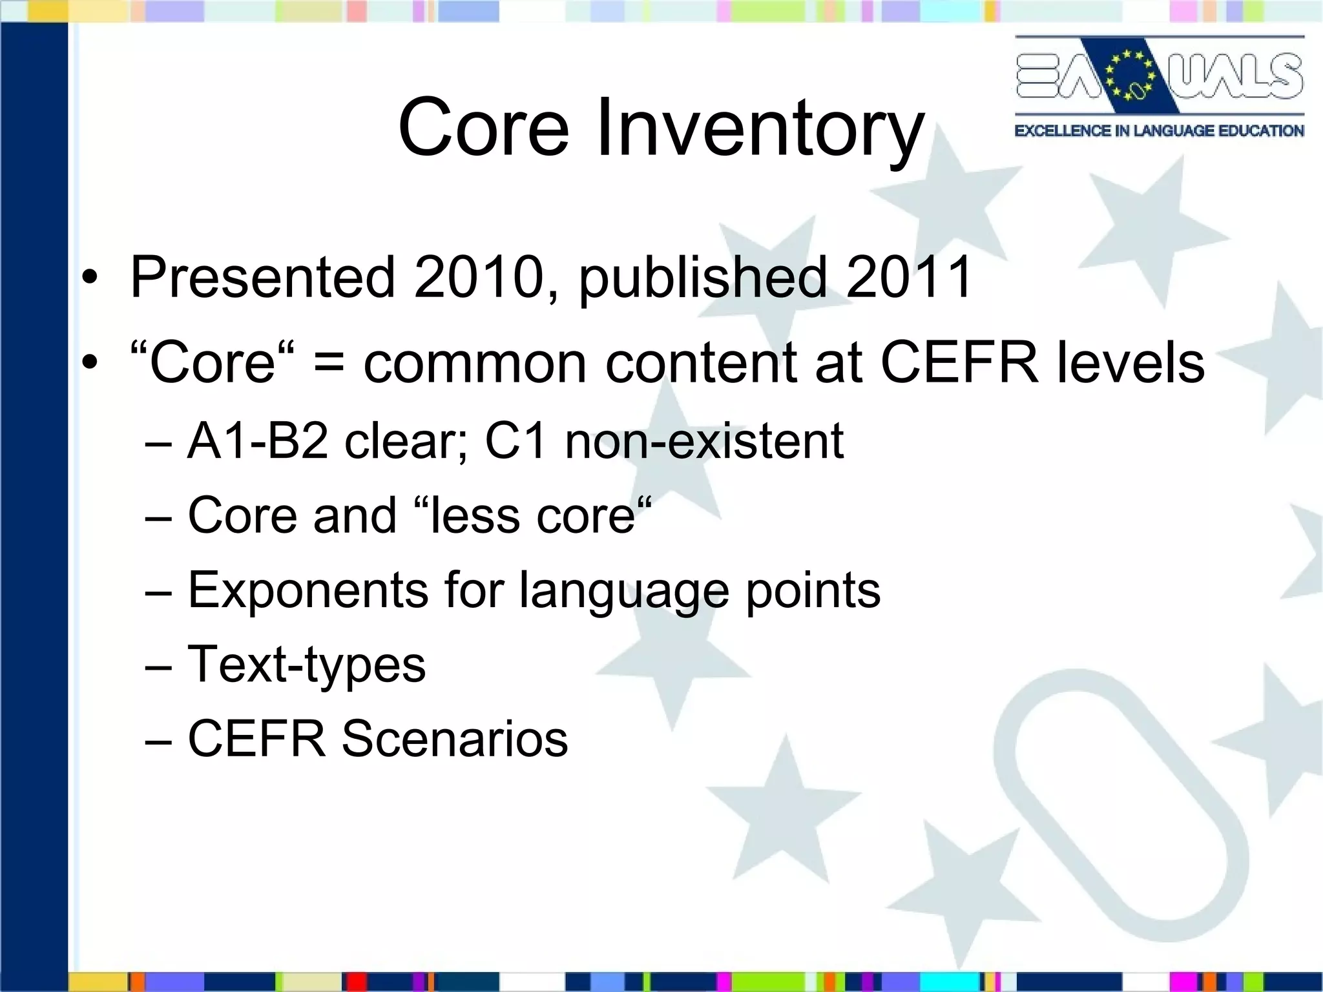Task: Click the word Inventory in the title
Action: [x=760, y=127]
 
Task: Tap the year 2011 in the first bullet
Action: [x=908, y=278]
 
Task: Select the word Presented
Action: [x=262, y=278]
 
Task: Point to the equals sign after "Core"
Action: [x=329, y=364]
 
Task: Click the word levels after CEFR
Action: [x=1130, y=363]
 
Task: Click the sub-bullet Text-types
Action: [x=306, y=665]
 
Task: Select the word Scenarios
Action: [x=454, y=739]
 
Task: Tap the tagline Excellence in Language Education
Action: [x=1159, y=131]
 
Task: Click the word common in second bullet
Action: [x=475, y=364]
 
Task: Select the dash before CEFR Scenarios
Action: [x=159, y=741]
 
